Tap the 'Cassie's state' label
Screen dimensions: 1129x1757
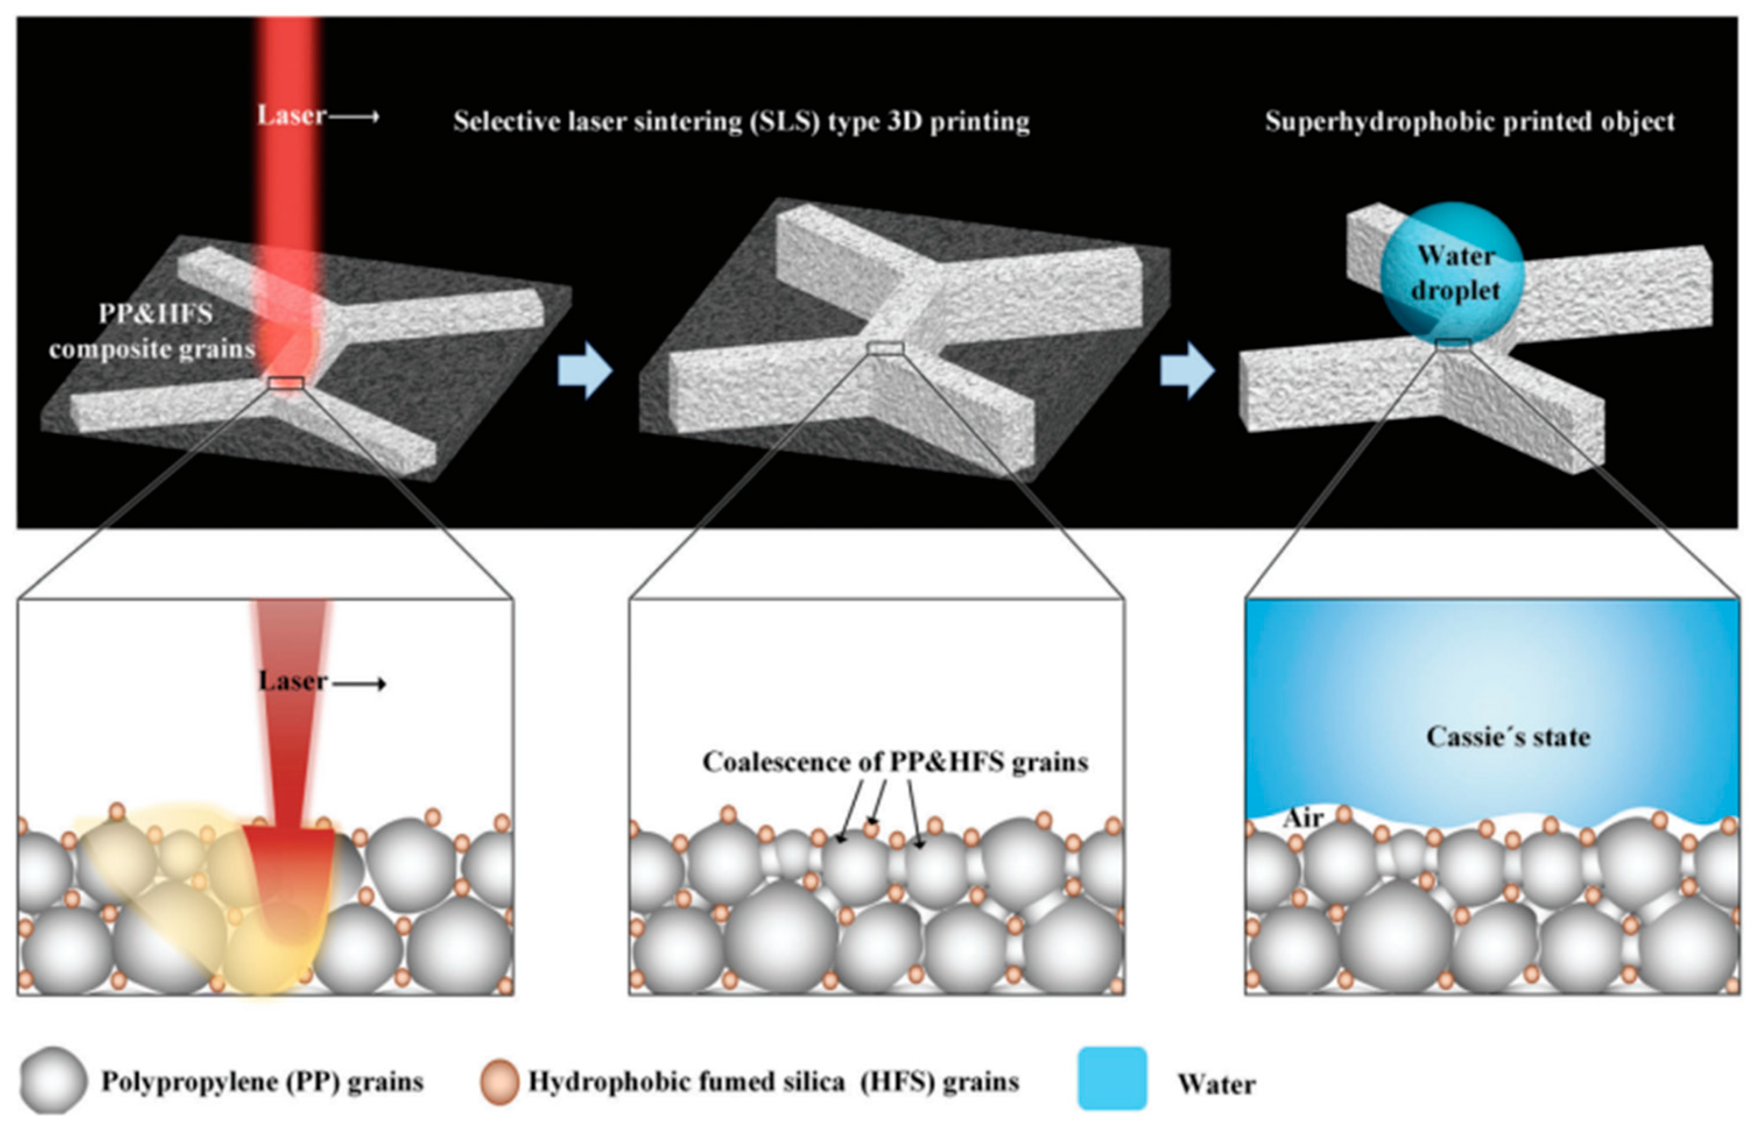(1508, 737)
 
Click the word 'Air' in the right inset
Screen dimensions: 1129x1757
(1304, 817)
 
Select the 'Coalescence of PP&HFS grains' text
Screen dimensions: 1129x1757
(895, 762)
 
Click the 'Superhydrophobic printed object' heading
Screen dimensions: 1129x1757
(1470, 122)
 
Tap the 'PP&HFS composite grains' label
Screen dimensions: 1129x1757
(153, 331)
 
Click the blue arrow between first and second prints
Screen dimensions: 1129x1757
(585, 370)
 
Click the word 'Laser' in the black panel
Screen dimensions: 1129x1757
(291, 116)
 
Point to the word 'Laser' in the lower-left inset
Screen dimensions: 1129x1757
(293, 681)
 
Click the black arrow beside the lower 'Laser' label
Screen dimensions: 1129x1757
(360, 684)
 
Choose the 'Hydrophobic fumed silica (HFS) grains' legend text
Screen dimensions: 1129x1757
(774, 1082)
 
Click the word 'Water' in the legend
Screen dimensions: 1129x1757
(1216, 1084)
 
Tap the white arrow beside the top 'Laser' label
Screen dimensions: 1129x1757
(354, 116)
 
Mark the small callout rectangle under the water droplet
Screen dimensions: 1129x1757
(1453, 344)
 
